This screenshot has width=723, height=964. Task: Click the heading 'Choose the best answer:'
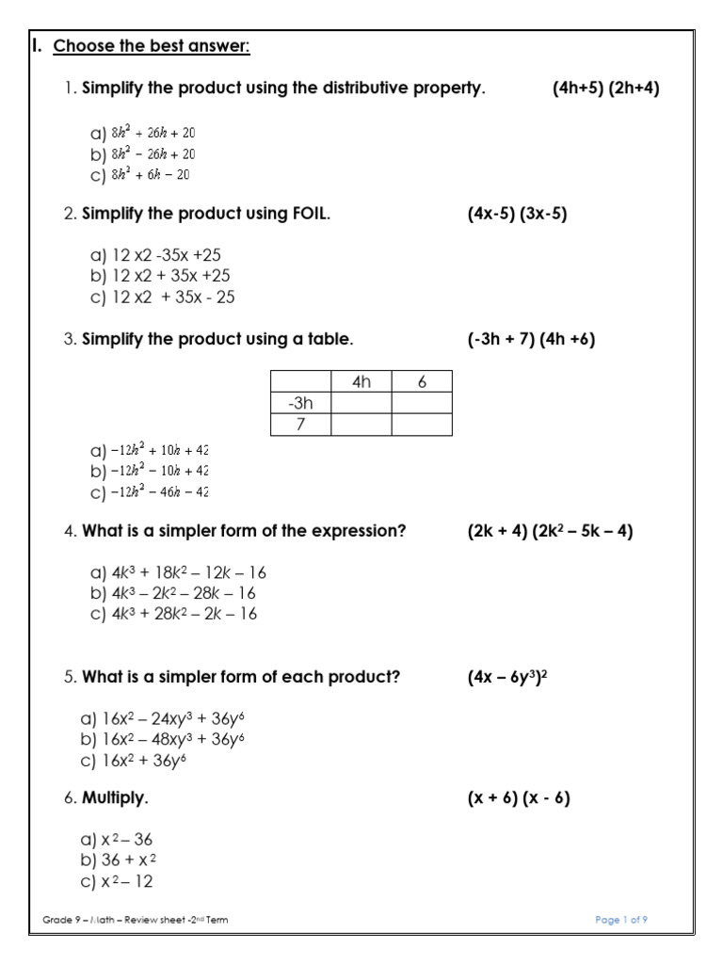pyautogui.click(x=151, y=46)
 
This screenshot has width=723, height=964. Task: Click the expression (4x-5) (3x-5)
pyautogui.click(x=518, y=214)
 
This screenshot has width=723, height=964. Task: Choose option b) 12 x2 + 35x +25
pyautogui.click(x=160, y=276)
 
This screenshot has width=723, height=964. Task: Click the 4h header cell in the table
pyautogui.click(x=361, y=382)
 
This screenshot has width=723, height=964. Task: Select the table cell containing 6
pyautogui.click(x=422, y=382)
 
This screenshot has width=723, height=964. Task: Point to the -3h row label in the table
pyautogui.click(x=300, y=404)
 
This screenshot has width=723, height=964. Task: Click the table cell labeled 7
pyautogui.click(x=300, y=425)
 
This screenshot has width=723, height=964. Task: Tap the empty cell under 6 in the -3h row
pyautogui.click(x=422, y=404)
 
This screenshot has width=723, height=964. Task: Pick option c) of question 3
pyautogui.click(x=150, y=491)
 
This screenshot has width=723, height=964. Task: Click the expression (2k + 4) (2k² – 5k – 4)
pyautogui.click(x=550, y=531)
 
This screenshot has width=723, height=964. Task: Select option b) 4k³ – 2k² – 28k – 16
pyautogui.click(x=173, y=593)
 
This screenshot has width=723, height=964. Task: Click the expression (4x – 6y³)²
pyautogui.click(x=507, y=675)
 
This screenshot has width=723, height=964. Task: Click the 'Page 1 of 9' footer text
pyautogui.click(x=622, y=920)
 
